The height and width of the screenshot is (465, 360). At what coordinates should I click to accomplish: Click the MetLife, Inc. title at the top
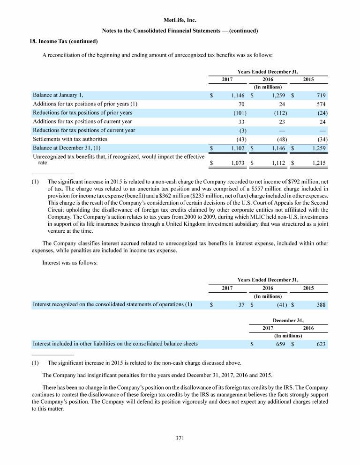pos(180,21)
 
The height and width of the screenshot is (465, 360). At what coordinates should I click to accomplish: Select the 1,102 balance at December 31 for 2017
pos(238,148)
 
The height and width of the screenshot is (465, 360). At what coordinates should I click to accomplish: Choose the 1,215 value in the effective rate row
pos(318,163)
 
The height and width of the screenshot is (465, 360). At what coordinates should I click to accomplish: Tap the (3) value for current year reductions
pos(242,130)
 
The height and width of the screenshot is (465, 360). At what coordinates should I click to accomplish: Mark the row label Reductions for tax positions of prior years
pos(82,113)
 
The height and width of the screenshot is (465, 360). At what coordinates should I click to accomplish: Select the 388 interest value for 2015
pos(321,305)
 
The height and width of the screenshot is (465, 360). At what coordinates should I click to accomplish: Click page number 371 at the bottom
pos(180,438)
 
